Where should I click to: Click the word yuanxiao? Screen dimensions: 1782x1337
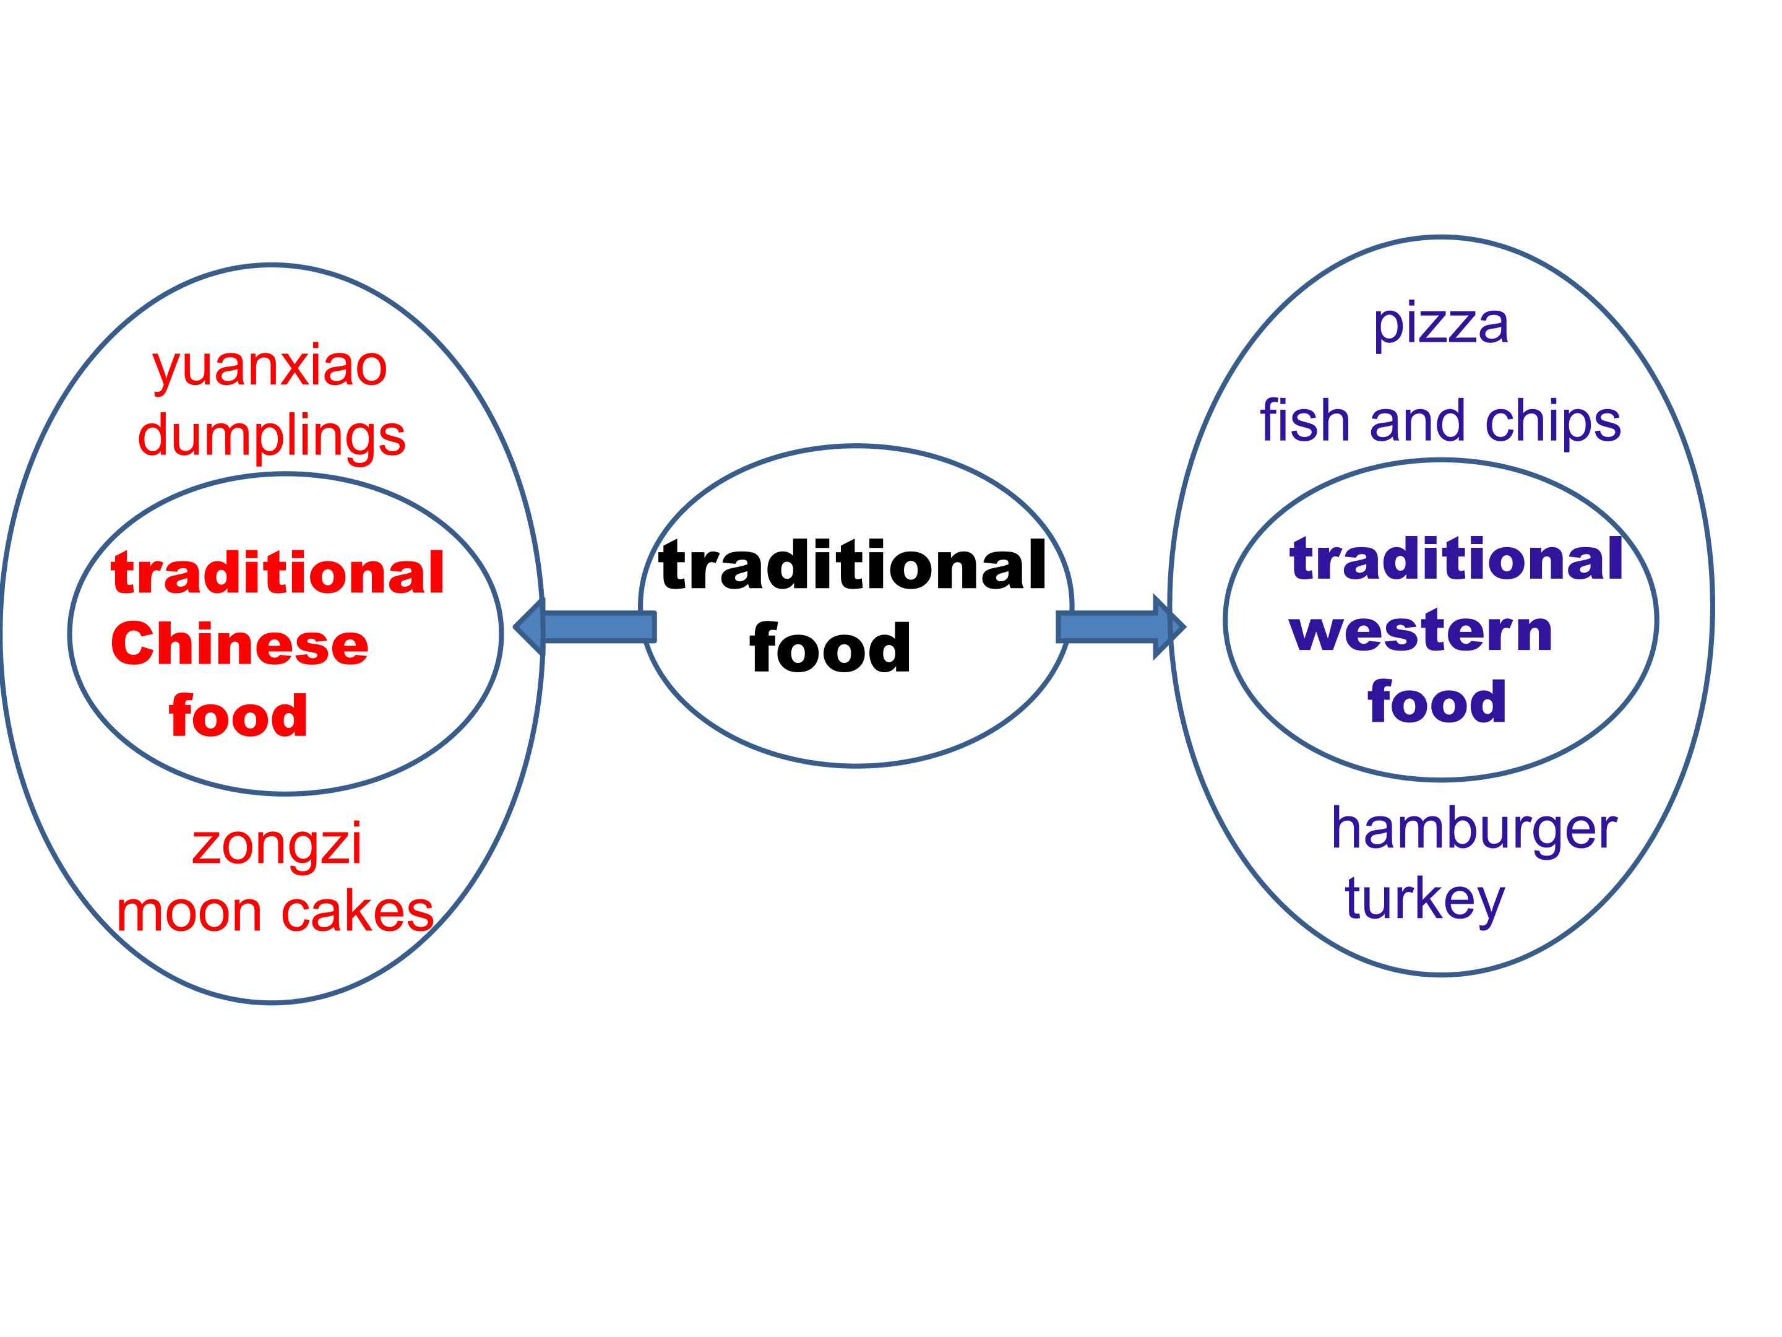click(x=270, y=368)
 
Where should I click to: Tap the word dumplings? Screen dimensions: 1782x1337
click(x=272, y=438)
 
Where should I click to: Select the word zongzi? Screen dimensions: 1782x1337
click(x=277, y=844)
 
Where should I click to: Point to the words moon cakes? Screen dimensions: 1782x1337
click(x=275, y=912)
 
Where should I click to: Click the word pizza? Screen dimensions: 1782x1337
click(x=1440, y=325)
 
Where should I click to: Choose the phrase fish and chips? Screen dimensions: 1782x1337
click(x=1440, y=422)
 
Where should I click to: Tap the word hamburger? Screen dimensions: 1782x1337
click(x=1473, y=828)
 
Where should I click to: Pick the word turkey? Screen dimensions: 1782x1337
click(x=1424, y=899)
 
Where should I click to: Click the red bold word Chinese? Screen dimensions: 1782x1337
click(x=240, y=645)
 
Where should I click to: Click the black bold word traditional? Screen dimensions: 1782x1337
click(x=853, y=566)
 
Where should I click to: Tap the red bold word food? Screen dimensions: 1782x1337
click(x=238, y=715)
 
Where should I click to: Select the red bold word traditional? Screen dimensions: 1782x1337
click(x=278, y=573)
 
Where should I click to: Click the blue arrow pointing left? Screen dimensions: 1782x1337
click(x=585, y=626)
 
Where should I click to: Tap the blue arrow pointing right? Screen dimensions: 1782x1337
click(x=1121, y=627)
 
